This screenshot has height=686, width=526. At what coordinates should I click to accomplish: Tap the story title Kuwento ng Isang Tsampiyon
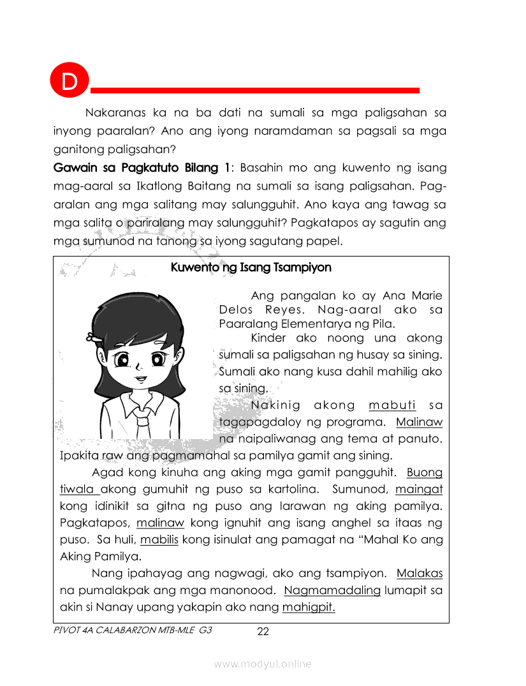tap(251, 267)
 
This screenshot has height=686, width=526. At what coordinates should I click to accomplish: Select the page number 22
tap(263, 632)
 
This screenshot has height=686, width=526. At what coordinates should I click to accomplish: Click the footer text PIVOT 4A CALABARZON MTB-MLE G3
tap(133, 630)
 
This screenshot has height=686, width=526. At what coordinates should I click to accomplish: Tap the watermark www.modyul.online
tap(263, 664)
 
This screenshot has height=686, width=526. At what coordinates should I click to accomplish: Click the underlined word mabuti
tap(392, 405)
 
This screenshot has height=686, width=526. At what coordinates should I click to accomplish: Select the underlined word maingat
tap(419, 489)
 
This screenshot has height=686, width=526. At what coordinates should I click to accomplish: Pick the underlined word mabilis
tap(159, 539)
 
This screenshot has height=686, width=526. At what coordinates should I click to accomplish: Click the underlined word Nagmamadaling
tap(332, 590)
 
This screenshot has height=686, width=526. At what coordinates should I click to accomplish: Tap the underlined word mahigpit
tap(309, 607)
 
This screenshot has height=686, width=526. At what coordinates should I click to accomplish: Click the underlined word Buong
tap(424, 473)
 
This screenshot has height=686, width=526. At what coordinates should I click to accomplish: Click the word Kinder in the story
tap(268, 338)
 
